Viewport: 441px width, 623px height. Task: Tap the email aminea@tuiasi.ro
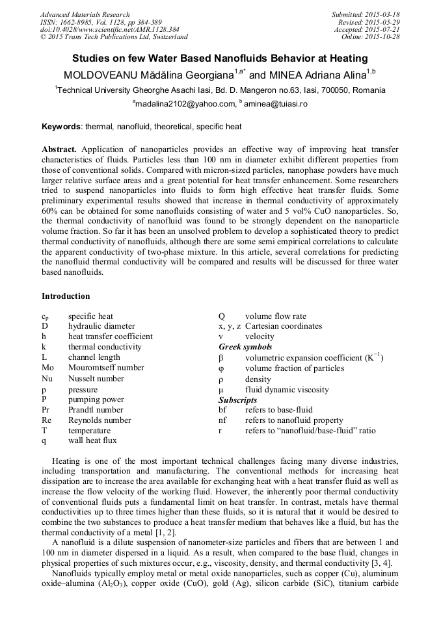pos(276,104)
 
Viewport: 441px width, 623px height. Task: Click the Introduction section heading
pos(66,296)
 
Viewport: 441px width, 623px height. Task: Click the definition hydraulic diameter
pos(101,326)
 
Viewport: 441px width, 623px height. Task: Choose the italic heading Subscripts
pos(237,400)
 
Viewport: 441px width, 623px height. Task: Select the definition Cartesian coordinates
pos(284,326)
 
